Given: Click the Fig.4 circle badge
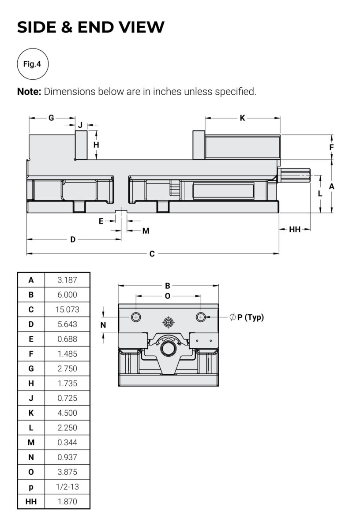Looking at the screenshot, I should click(32, 64).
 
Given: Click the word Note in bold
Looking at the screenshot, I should click(29, 92).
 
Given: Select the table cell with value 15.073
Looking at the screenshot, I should click(67, 309).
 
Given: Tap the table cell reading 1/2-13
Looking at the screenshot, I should click(67, 487).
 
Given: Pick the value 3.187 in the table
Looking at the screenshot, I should click(67, 280).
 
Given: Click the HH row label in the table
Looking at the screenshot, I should click(31, 501).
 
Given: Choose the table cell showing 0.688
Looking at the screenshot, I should click(67, 339).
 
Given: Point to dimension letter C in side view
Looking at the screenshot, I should click(152, 254).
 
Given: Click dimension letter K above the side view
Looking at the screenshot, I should click(242, 118).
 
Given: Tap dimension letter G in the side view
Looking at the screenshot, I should click(51, 118).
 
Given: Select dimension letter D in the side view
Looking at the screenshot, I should click(73, 239).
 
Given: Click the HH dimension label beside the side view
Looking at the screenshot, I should click(295, 230).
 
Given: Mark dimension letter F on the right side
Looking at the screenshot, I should click(331, 147).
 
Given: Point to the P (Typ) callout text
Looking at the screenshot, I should click(250, 317).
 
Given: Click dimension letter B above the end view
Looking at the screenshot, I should click(168, 286).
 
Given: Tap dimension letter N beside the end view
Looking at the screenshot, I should click(103, 325).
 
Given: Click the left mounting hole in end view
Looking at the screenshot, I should click(136, 317).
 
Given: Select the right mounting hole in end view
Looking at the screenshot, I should click(201, 317).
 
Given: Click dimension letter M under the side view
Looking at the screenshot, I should click(146, 231).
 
